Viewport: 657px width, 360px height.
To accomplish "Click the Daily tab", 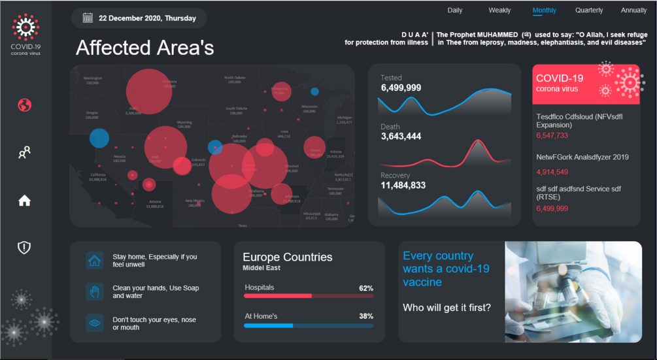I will tap(454, 10).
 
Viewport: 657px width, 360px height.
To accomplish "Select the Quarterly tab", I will tap(589, 10).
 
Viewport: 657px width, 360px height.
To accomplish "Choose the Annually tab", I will tap(633, 10).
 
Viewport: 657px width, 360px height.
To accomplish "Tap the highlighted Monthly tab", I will tap(544, 10).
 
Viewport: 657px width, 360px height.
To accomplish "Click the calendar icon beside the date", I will tap(88, 18).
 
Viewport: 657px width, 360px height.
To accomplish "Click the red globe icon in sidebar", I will tap(24, 105).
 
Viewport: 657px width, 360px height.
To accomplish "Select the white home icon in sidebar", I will tap(24, 201).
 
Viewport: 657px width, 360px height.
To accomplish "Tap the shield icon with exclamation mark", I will tap(24, 247).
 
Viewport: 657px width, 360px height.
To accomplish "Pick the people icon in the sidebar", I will tap(24, 153).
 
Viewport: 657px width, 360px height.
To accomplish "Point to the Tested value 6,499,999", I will tap(401, 88).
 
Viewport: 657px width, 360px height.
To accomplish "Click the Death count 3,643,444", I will tap(401, 137).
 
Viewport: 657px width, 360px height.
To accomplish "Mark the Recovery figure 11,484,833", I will tap(403, 186).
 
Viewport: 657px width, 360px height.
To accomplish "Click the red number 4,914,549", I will tap(552, 172).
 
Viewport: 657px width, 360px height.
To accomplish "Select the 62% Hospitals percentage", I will tap(365, 287).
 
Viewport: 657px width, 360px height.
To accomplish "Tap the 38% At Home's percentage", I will tap(365, 316).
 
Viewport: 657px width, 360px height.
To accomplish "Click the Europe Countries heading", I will tap(287, 257).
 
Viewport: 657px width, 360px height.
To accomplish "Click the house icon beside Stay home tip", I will tap(95, 261).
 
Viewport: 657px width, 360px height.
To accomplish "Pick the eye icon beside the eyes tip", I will tap(95, 323).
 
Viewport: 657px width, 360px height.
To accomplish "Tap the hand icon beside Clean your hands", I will tap(95, 291).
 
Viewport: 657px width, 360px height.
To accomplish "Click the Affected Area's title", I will tap(144, 48).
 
